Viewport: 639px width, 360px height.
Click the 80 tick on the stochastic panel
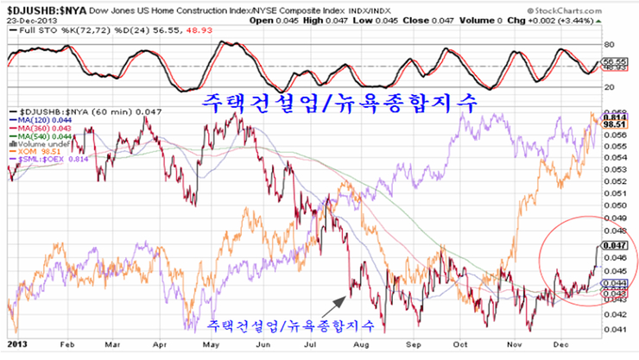(x=608, y=43)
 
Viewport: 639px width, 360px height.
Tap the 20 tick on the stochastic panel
(x=608, y=85)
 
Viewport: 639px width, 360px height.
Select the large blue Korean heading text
(x=340, y=104)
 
